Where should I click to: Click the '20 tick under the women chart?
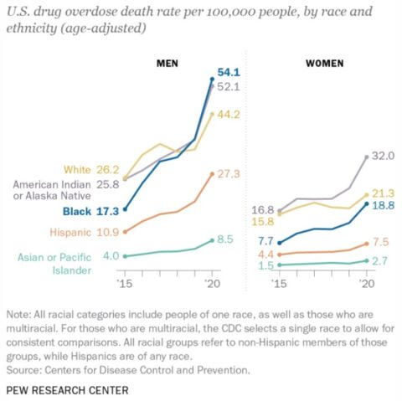click(x=366, y=285)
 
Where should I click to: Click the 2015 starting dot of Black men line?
click(x=125, y=209)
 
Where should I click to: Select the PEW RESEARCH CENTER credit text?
click(x=67, y=390)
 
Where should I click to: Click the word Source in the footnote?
click(x=25, y=368)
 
